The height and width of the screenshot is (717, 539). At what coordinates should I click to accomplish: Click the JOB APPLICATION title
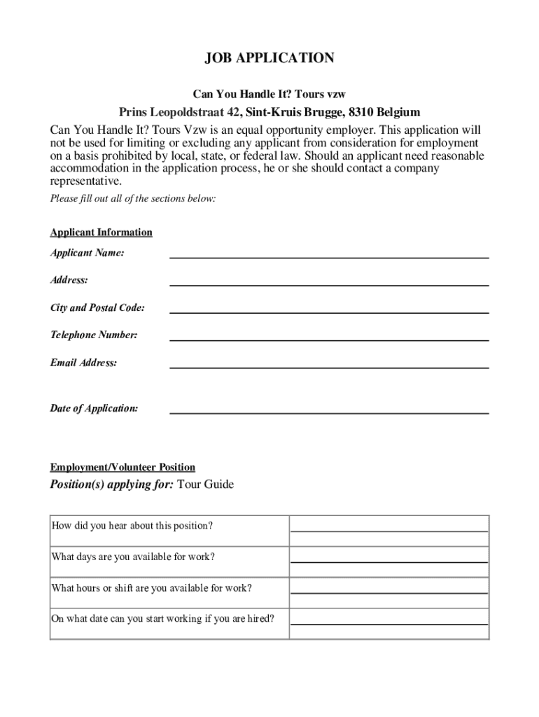(269, 59)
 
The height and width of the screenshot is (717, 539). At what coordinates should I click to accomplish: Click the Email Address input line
(329, 365)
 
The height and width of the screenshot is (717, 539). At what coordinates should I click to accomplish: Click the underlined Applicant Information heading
(101, 232)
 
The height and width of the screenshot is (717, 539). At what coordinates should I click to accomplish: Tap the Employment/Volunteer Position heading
(122, 467)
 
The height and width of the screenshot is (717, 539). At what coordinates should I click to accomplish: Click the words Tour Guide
(206, 485)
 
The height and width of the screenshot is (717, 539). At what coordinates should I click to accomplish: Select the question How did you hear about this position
(132, 525)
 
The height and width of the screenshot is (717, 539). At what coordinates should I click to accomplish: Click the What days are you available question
(133, 557)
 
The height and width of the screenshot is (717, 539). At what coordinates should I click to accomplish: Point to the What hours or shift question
(151, 588)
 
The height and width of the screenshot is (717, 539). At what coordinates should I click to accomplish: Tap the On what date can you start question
(162, 619)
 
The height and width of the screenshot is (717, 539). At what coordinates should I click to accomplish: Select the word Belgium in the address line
(398, 112)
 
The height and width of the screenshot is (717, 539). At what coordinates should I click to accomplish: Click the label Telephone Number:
(94, 335)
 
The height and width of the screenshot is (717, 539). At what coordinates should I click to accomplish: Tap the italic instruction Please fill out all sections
(133, 199)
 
